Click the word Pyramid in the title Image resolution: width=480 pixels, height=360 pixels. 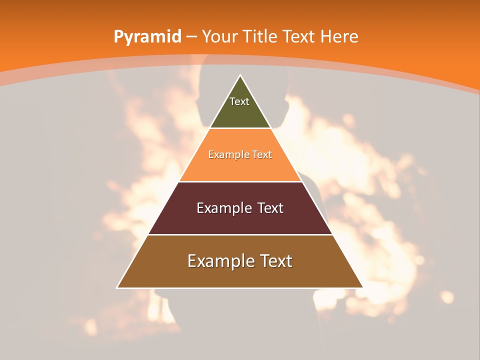click(x=147, y=37)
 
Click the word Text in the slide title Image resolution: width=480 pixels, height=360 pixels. click(x=298, y=37)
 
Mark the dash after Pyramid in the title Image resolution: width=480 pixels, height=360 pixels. click(x=191, y=37)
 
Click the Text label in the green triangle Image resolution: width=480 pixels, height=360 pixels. click(x=239, y=101)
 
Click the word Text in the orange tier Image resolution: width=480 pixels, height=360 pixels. click(x=262, y=154)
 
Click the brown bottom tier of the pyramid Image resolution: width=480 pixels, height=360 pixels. click(x=240, y=275)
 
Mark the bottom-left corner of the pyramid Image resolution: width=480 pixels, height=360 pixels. click(x=117, y=287)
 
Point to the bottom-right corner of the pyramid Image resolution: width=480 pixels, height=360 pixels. click(x=363, y=287)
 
